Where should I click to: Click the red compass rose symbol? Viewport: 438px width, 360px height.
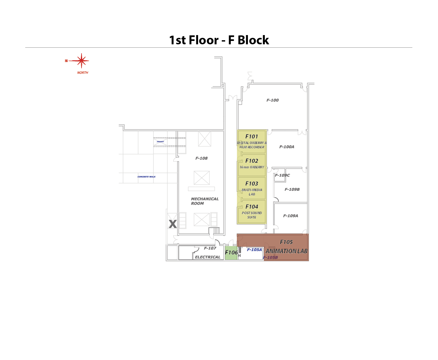point(81,61)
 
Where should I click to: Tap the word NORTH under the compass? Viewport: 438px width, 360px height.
point(82,73)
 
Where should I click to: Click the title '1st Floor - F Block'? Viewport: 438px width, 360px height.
point(219,40)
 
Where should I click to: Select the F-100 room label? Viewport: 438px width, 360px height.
point(273,100)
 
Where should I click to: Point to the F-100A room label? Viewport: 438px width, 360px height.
point(287,147)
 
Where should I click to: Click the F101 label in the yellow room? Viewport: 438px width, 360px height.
point(252,136)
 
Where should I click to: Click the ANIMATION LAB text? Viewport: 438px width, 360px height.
point(286,251)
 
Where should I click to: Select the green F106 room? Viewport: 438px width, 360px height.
point(231,253)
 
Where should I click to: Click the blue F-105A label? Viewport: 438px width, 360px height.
point(254,250)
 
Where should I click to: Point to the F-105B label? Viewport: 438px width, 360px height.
point(270,258)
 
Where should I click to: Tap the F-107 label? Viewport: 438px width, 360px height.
point(210,248)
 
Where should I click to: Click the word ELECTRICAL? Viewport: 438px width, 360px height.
point(208,257)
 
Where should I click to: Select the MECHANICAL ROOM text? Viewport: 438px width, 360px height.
point(205,201)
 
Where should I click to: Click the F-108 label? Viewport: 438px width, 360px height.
point(201,158)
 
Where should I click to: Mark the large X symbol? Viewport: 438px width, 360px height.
point(173,224)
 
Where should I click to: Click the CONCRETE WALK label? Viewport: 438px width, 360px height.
point(146,177)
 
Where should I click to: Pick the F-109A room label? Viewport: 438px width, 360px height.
point(290,216)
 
